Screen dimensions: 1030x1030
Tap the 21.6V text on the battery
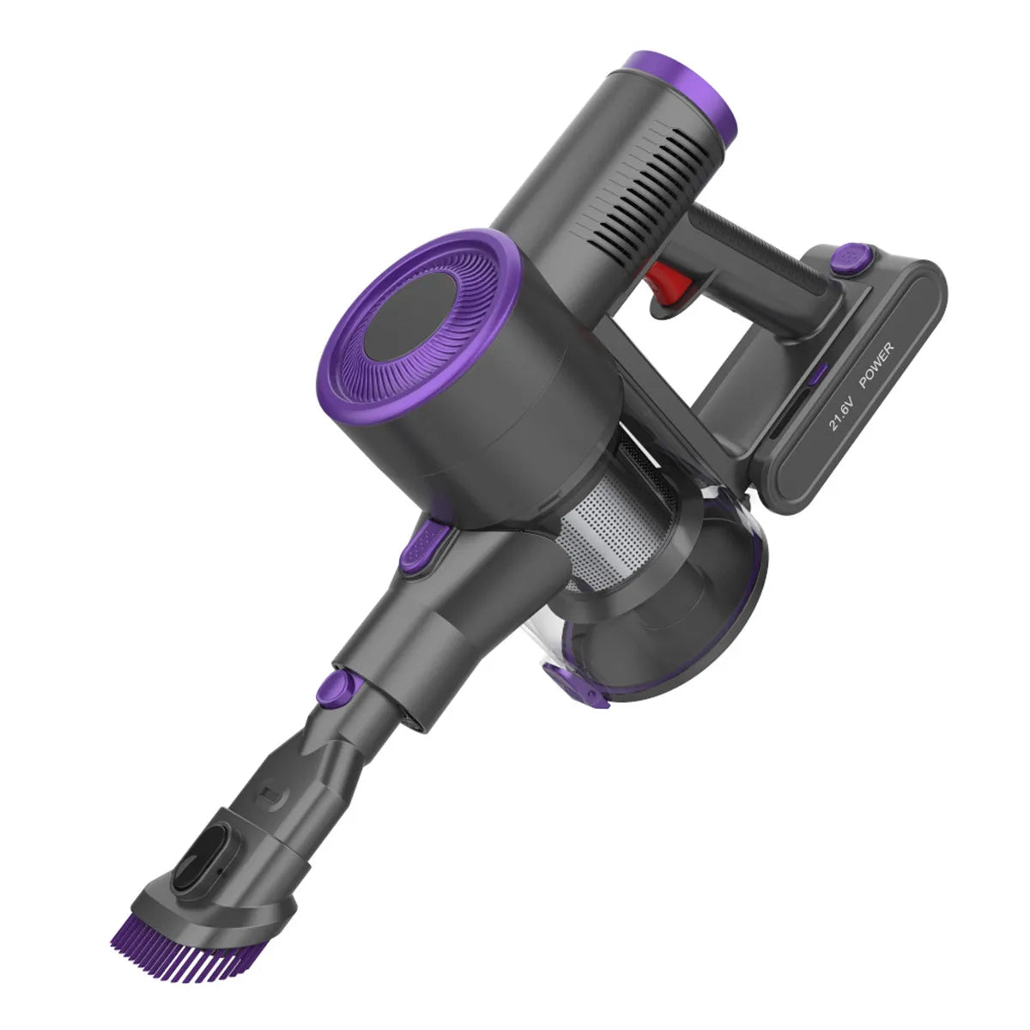(841, 413)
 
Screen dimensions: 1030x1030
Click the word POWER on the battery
(875, 365)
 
